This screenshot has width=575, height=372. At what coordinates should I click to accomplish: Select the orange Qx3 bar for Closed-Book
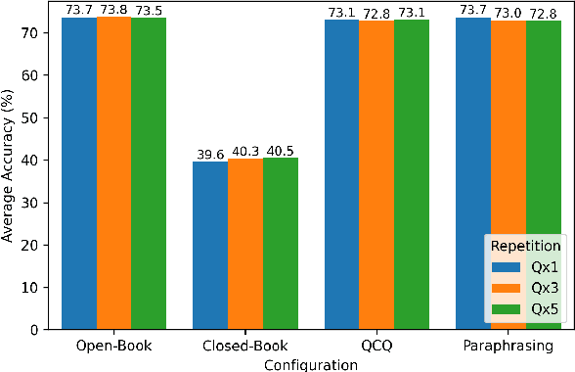point(245,244)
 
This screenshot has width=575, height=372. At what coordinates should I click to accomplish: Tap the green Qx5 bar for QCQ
point(411,175)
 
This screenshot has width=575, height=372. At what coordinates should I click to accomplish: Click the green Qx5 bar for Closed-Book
point(280,244)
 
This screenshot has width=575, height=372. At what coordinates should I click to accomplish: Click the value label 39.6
point(210,155)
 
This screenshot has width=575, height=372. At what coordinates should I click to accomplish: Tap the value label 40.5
point(280,151)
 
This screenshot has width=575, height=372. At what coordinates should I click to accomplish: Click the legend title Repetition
point(525,245)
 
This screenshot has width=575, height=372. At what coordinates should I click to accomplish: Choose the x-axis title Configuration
point(311,363)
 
